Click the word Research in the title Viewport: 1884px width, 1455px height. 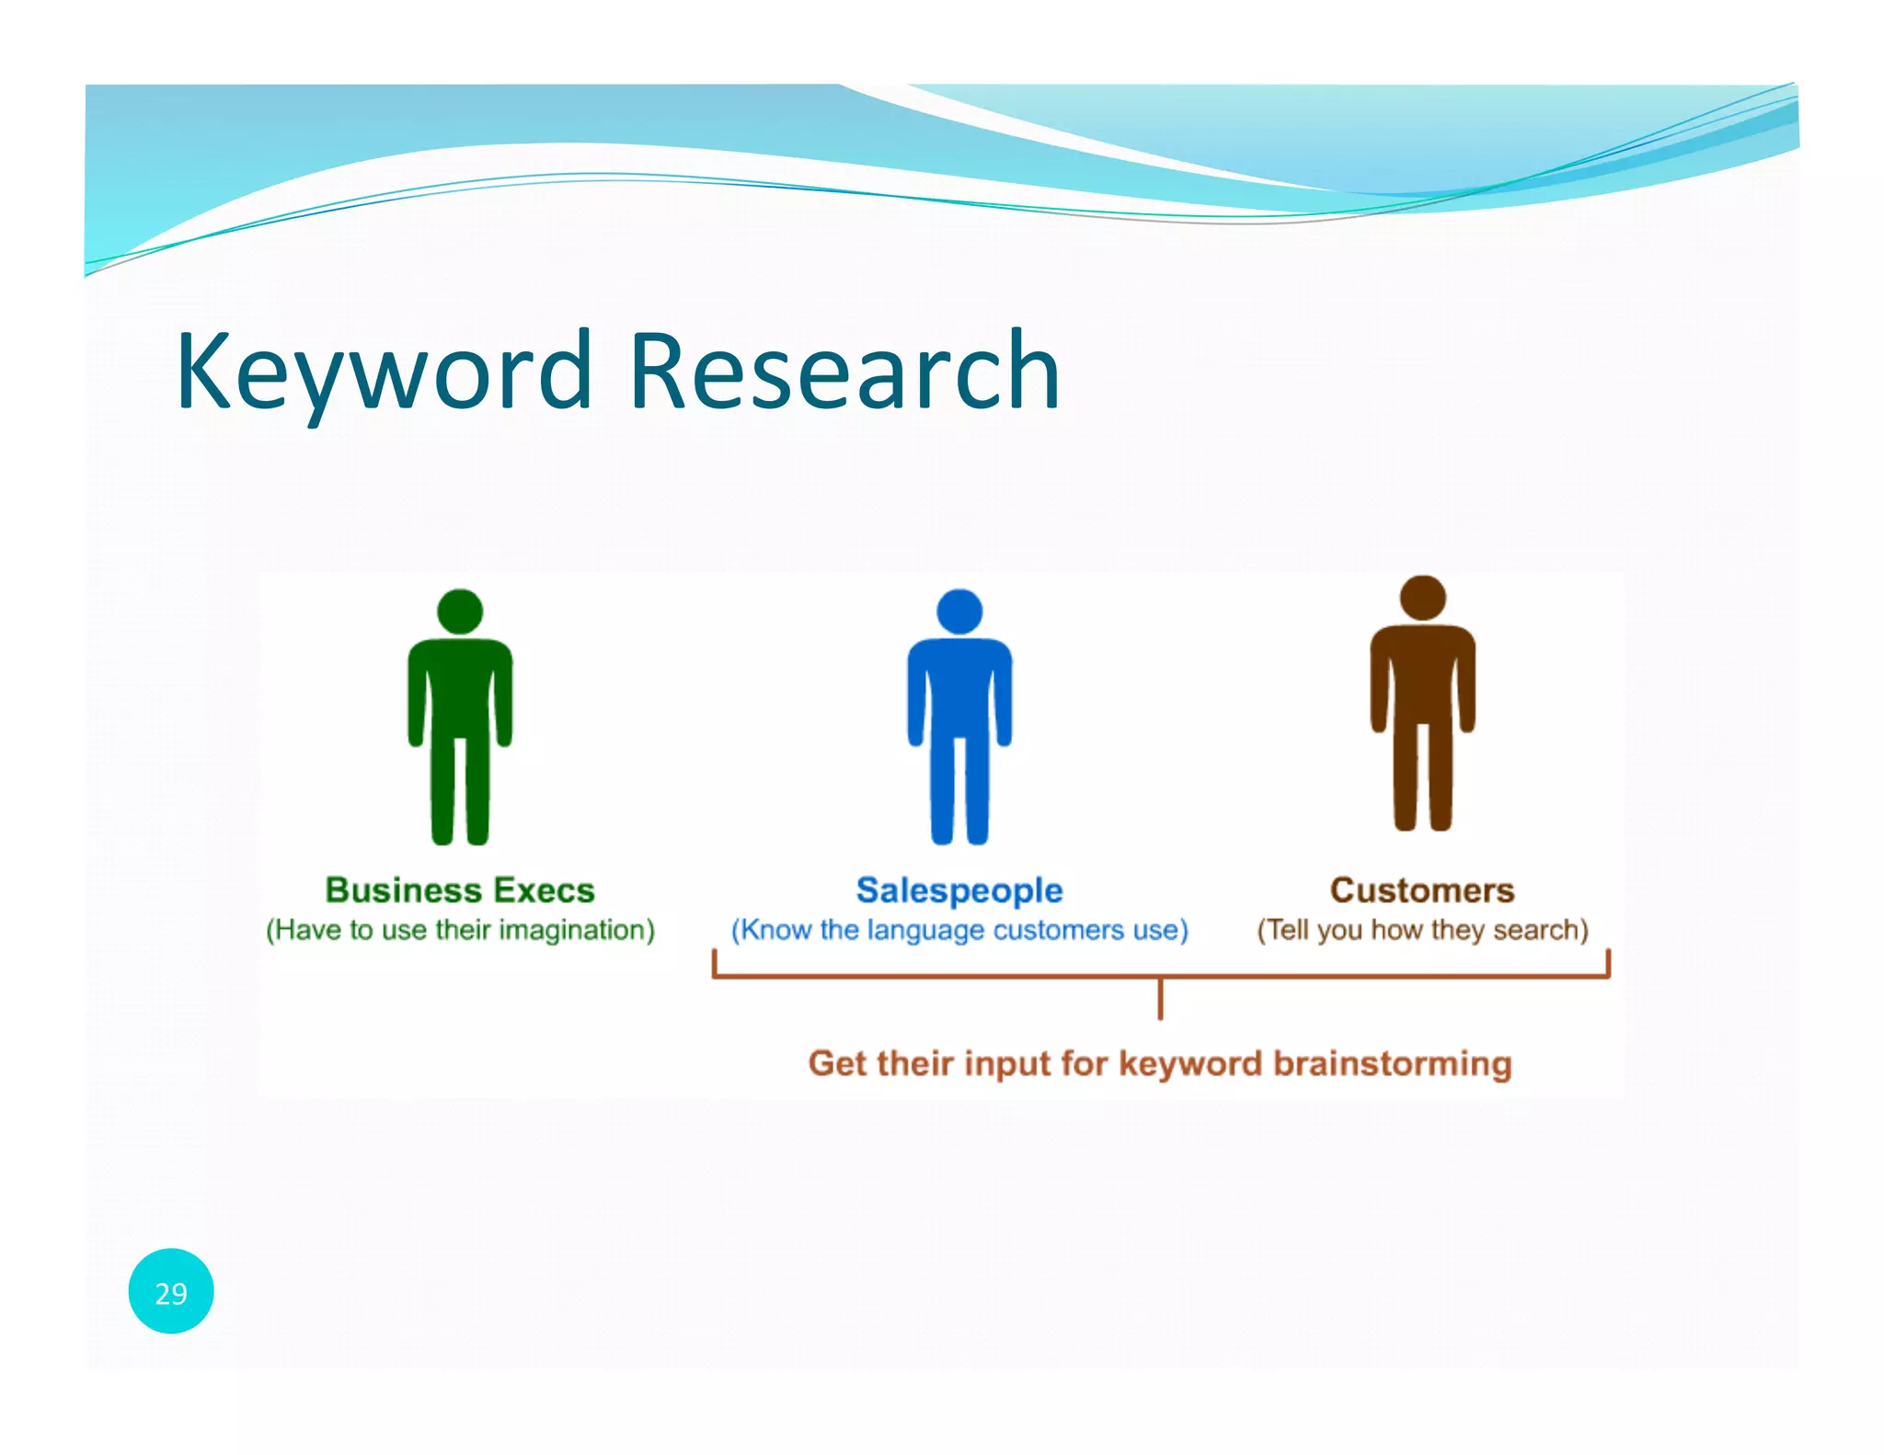tap(844, 371)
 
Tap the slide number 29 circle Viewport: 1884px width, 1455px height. tap(171, 1292)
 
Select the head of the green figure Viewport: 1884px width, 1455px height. tap(460, 612)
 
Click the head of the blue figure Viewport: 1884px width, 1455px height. tap(959, 612)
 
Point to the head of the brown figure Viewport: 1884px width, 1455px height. tap(1422, 598)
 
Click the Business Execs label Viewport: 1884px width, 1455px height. tap(460, 890)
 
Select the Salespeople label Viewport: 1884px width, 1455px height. tap(959, 890)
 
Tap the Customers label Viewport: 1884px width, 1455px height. tap(1422, 890)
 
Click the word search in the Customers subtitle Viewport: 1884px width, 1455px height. tap(1541, 930)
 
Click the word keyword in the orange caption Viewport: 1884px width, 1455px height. tap(1190, 1063)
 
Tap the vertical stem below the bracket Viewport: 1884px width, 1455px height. tap(1160, 1000)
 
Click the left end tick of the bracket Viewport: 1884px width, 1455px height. tap(714, 963)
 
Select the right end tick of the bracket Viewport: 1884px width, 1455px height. tap(1608, 963)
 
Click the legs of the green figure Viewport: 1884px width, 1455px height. tap(460, 791)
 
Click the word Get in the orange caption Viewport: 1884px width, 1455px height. tap(836, 1063)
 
